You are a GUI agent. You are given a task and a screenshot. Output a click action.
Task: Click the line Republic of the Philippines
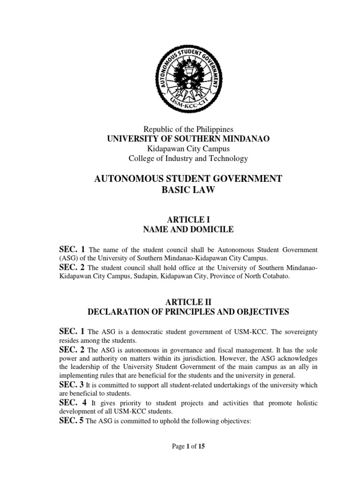pos(188,128)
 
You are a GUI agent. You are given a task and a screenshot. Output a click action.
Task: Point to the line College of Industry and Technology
pos(188,158)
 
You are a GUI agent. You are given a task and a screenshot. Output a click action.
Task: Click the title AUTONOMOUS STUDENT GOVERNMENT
pos(188,179)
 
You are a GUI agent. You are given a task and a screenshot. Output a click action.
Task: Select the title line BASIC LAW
pos(188,190)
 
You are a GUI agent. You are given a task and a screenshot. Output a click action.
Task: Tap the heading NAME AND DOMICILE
pos(188,229)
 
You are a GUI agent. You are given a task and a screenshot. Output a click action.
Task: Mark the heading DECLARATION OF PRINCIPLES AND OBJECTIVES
pos(188,311)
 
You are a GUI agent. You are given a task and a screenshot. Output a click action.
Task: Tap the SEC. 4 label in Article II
pos(71,402)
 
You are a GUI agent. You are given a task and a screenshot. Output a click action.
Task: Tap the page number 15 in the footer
pos(202,446)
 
